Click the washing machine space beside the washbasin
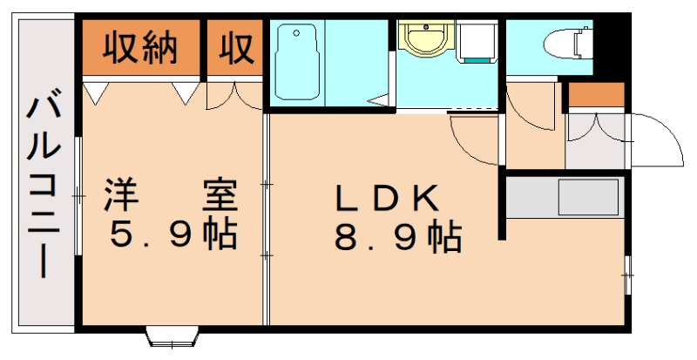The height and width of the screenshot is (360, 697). (x=477, y=43)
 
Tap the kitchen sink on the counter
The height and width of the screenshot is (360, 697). (x=587, y=197)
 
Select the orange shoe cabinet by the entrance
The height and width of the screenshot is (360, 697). (x=596, y=94)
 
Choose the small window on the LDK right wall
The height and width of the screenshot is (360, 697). (x=627, y=274)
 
